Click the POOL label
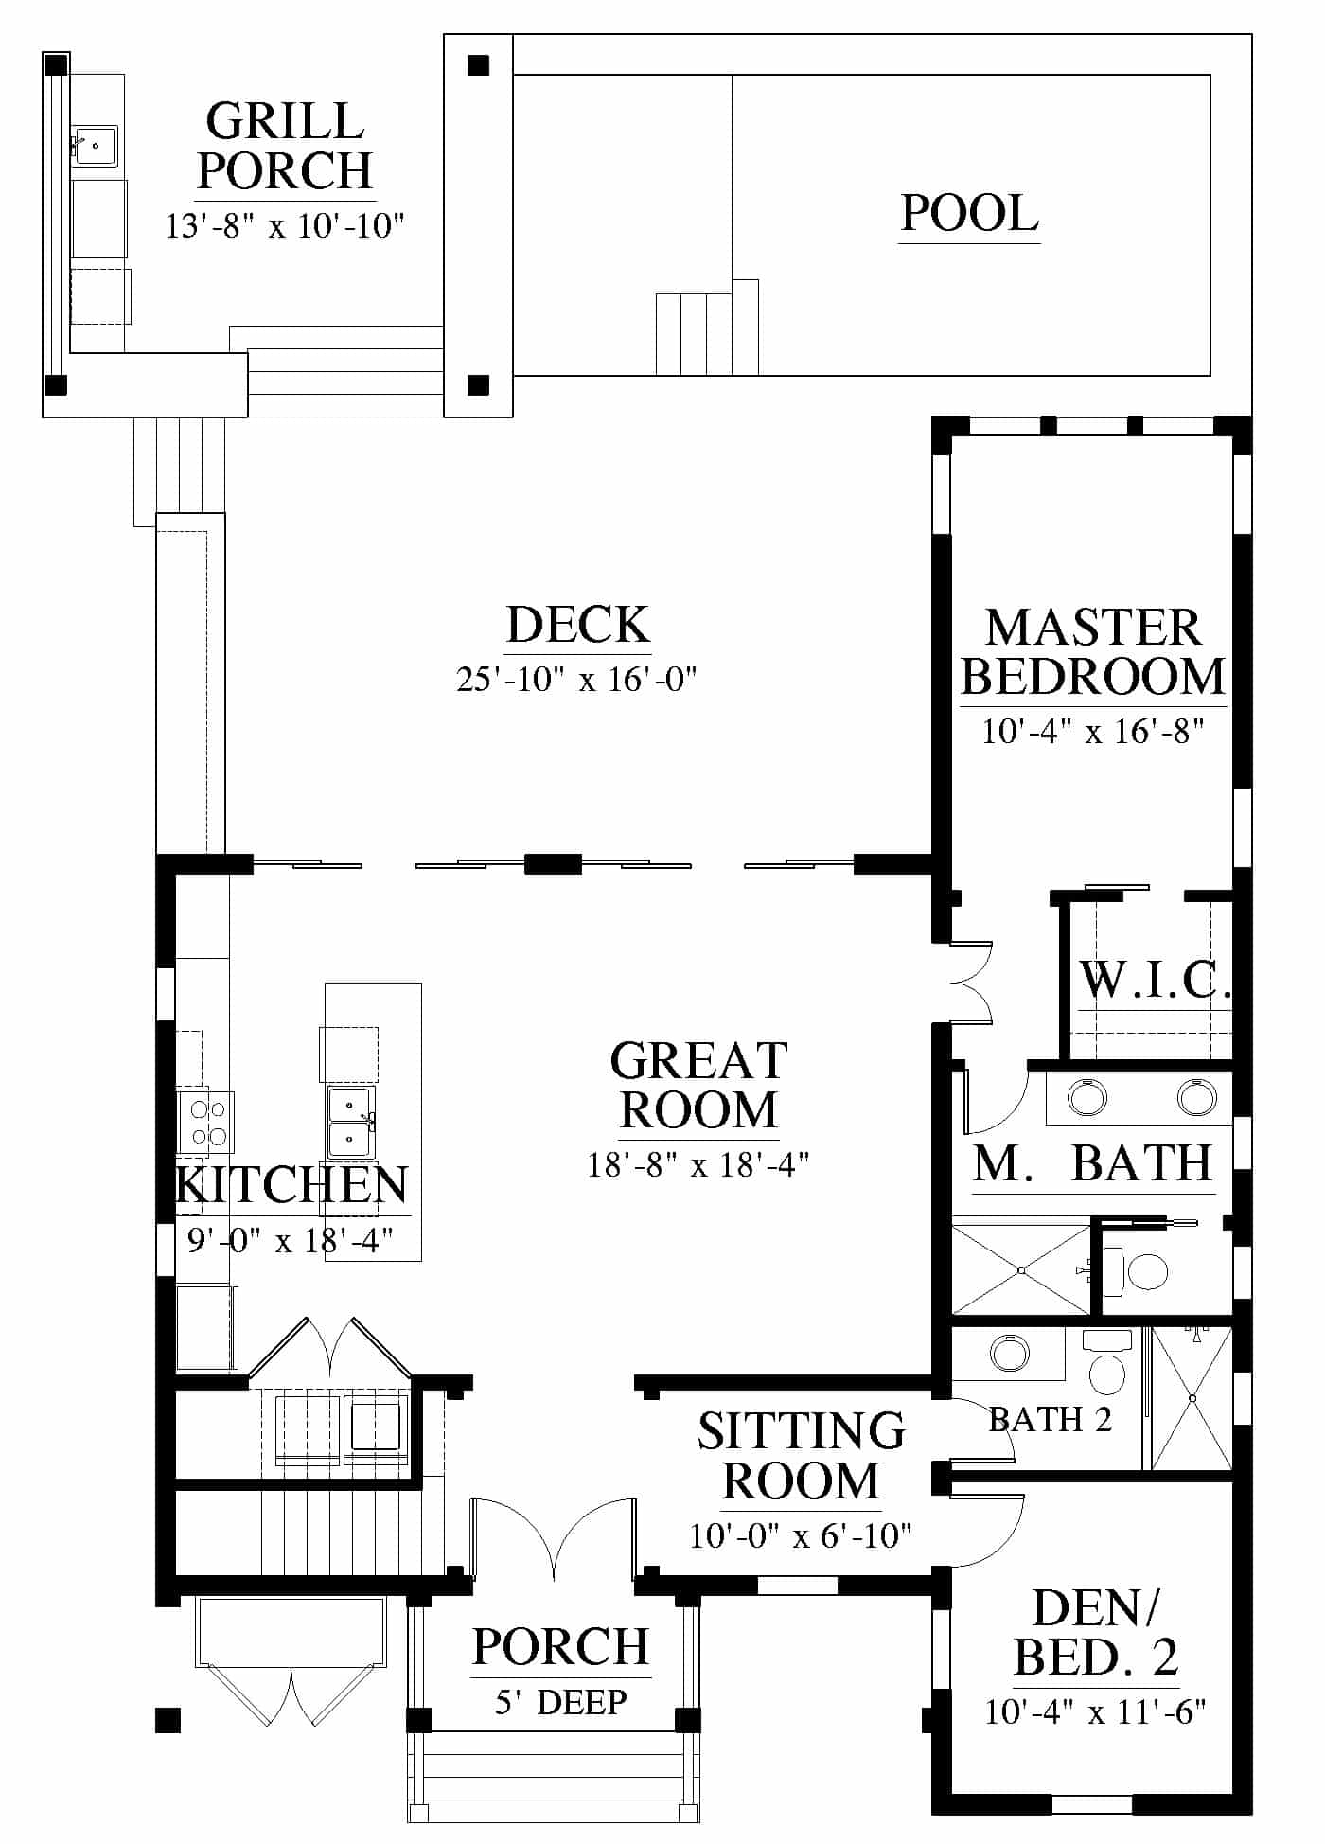click(x=969, y=213)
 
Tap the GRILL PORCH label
click(x=285, y=146)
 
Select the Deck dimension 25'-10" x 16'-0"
click(x=576, y=679)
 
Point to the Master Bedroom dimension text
click(x=1092, y=731)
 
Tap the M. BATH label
click(x=1093, y=1163)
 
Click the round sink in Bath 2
click(x=1009, y=1353)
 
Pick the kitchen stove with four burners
click(x=206, y=1122)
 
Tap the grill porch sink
click(x=96, y=146)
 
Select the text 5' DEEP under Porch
click(x=560, y=1702)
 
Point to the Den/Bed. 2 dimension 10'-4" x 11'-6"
click(x=1095, y=1712)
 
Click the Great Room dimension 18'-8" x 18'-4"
click(x=698, y=1163)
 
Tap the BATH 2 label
click(x=1051, y=1420)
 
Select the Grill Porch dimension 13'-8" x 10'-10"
click(x=285, y=226)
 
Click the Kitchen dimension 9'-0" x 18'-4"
click(x=290, y=1239)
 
